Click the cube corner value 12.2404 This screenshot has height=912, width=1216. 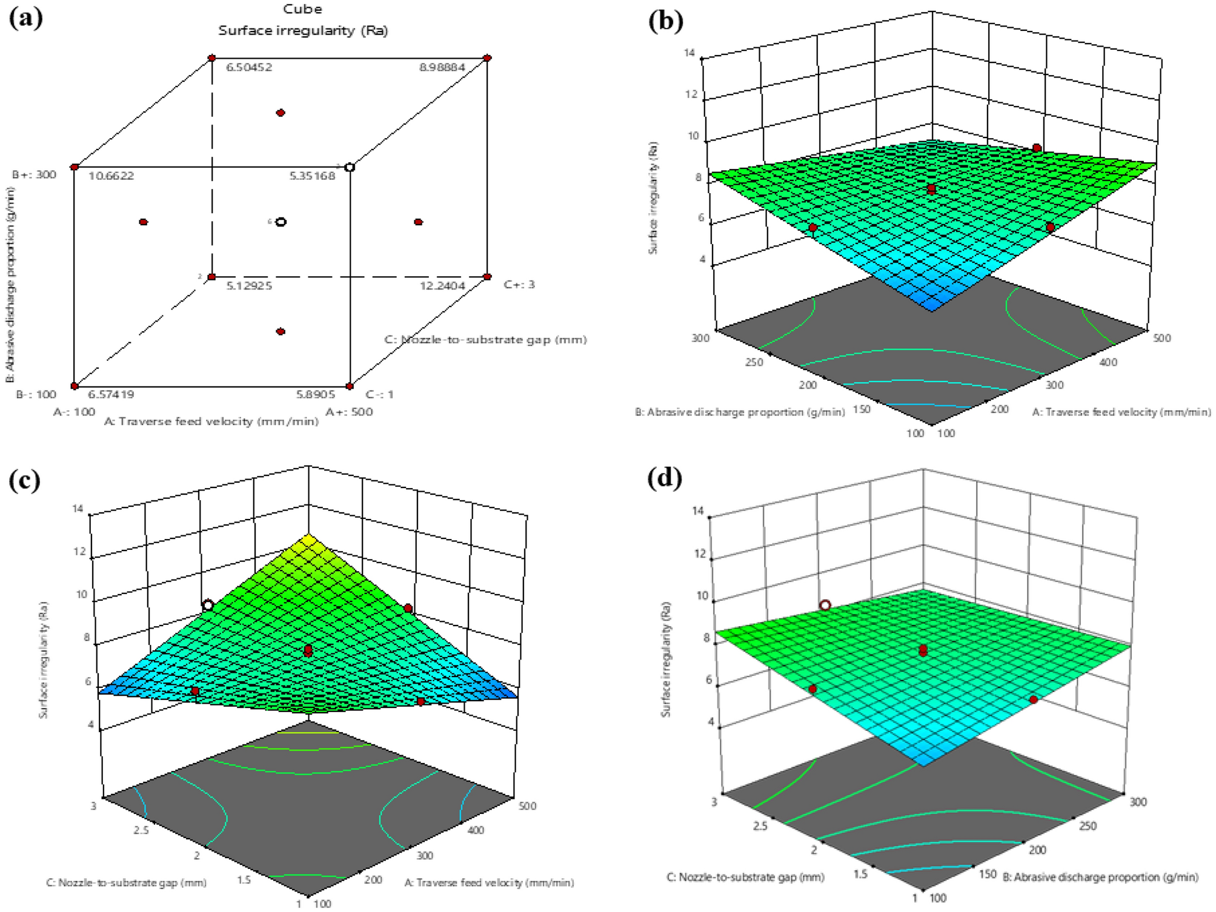tap(442, 285)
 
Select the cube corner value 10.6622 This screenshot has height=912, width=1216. tap(111, 176)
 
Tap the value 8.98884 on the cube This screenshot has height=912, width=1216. tap(442, 67)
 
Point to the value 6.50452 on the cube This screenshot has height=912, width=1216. tap(249, 67)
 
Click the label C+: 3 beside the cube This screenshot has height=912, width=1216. tap(519, 284)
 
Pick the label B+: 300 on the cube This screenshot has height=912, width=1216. tap(35, 174)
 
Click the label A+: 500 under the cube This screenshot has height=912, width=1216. tap(350, 412)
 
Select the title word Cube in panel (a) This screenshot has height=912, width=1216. tap(302, 9)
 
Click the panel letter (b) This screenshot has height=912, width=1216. tap(665, 21)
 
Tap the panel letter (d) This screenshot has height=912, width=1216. tap(665, 478)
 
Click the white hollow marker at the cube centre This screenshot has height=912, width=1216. tap(281, 222)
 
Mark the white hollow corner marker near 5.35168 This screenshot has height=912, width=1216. tap(350, 167)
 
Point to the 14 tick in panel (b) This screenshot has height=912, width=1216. tap(689, 53)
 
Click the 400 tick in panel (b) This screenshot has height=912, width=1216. tap(1108, 362)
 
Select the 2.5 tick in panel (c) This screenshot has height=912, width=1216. tap(141, 830)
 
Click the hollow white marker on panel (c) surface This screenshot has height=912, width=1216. tap(208, 605)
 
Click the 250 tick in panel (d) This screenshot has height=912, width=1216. tap(1088, 825)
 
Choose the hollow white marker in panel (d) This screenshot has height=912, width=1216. tap(825, 605)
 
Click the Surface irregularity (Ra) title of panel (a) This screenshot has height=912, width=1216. tap(302, 30)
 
